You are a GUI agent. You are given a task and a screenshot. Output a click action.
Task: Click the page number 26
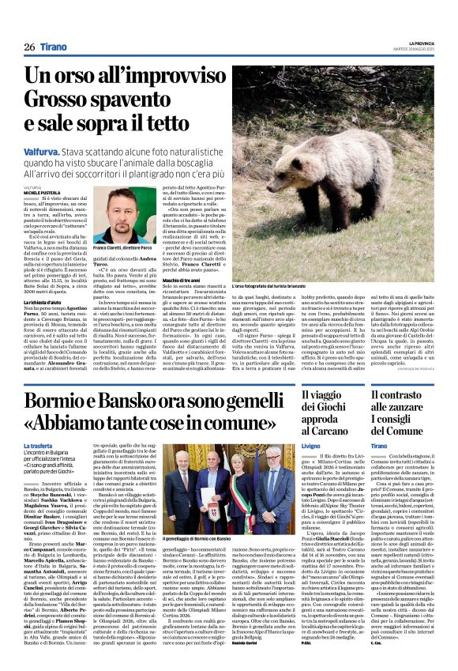(29, 47)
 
